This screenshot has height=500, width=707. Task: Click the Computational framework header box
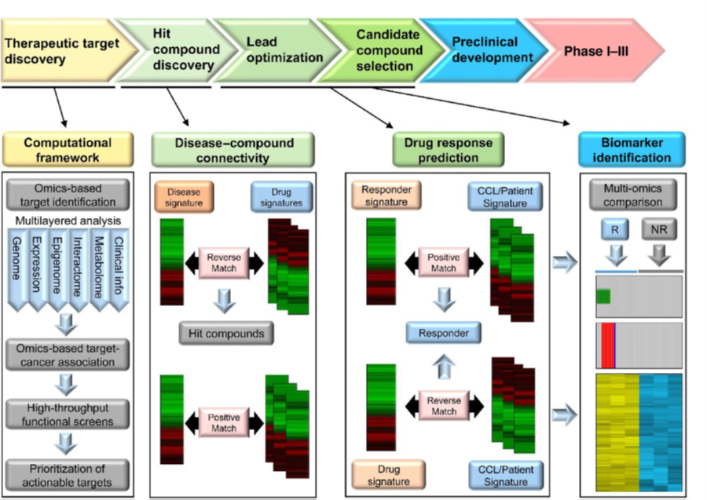tap(68, 150)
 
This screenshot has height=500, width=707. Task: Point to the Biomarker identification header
tap(631, 150)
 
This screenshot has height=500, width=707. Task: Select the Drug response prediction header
tap(442, 150)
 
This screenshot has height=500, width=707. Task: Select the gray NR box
tap(658, 232)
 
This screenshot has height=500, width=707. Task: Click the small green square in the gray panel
tap(603, 297)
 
